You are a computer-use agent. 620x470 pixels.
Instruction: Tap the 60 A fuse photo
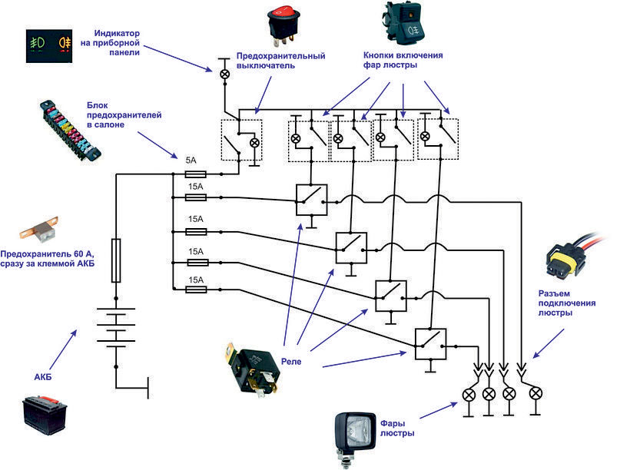pos(39,227)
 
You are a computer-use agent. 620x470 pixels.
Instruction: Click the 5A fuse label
pos(193,161)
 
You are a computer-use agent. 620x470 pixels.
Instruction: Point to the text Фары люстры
pos(398,427)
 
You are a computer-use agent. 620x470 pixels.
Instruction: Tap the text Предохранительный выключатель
pos(280,61)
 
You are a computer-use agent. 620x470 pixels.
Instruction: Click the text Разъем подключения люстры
pos(566,303)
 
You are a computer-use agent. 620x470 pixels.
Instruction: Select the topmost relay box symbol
pos(311,200)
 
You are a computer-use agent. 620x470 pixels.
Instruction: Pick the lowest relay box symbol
pos(430,343)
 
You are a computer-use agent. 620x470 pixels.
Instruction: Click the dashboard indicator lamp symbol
pos(225,74)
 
